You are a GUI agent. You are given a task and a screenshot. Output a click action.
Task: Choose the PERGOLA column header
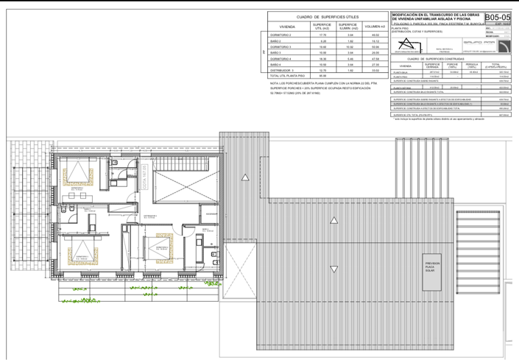pos(473,65)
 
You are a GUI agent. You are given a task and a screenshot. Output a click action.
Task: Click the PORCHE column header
pos(455,65)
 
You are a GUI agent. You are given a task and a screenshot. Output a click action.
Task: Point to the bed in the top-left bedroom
pos(77,174)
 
